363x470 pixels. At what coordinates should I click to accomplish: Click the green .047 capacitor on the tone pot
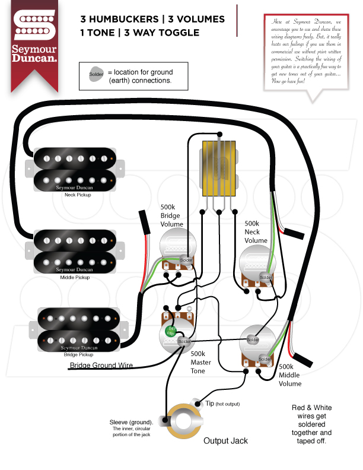[172, 330]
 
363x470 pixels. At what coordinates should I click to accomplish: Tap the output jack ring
[181, 423]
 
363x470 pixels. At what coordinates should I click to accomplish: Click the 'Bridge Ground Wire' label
[101, 365]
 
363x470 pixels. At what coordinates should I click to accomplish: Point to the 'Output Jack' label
[225, 441]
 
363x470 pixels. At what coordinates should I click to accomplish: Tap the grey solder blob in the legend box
[96, 75]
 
